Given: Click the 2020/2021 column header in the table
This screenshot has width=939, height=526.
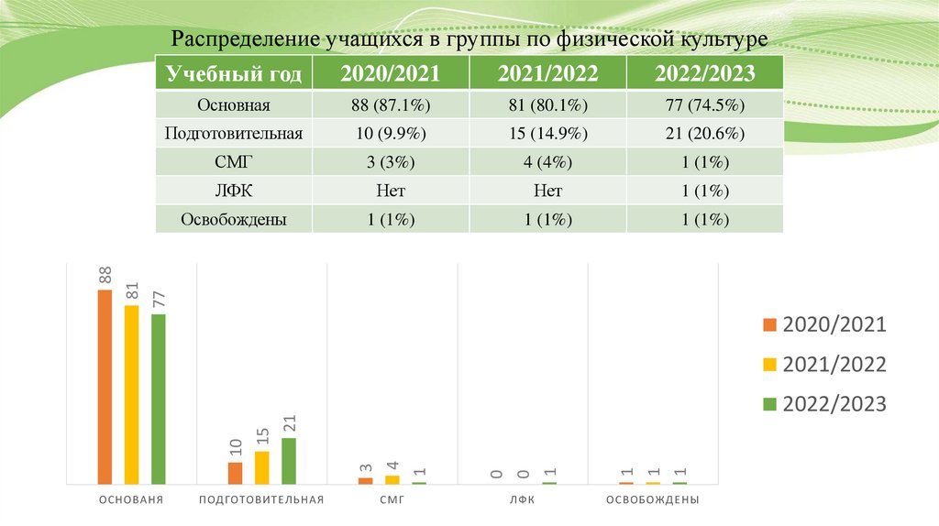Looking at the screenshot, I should pyautogui.click(x=390, y=73).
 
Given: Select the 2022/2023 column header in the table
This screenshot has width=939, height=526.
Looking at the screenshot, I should pyautogui.click(x=704, y=73).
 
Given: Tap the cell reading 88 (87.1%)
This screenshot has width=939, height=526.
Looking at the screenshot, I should pyautogui.click(x=390, y=104).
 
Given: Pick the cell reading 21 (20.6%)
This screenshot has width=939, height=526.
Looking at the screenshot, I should pyautogui.click(x=704, y=134).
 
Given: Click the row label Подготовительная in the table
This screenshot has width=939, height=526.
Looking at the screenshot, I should pyautogui.click(x=234, y=134).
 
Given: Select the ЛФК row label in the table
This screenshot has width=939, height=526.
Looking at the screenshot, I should pyautogui.click(x=234, y=192).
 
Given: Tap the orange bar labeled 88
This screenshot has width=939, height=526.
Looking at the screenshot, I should pyautogui.click(x=105, y=386).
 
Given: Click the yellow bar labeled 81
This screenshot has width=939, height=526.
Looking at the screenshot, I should pyautogui.click(x=131, y=394).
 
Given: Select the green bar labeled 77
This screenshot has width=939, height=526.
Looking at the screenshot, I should pyautogui.click(x=158, y=399).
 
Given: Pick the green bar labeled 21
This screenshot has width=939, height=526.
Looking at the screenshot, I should pyautogui.click(x=289, y=460).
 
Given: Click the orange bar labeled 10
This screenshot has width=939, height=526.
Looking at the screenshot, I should pyautogui.click(x=236, y=473).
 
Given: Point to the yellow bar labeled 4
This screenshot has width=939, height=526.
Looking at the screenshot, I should pyautogui.click(x=392, y=479).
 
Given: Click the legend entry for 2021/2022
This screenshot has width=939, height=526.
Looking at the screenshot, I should pyautogui.click(x=824, y=364).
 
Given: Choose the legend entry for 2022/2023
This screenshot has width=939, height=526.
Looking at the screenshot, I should pyautogui.click(x=824, y=403).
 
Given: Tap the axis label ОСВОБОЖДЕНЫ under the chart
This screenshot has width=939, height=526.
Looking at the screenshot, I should pyautogui.click(x=653, y=500).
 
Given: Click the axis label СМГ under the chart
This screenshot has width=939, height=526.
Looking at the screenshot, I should pyautogui.click(x=392, y=500).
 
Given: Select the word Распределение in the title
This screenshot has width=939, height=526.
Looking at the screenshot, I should pyautogui.click(x=244, y=40).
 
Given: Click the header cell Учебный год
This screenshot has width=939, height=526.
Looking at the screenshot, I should pyautogui.click(x=234, y=73).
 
